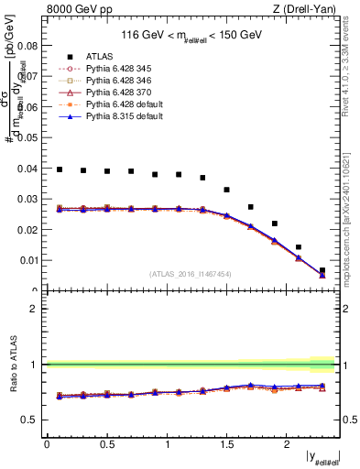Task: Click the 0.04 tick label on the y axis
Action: click(x=29, y=168)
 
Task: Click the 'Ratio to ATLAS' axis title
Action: click(x=12, y=364)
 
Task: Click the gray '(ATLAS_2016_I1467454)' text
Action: click(x=191, y=274)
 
